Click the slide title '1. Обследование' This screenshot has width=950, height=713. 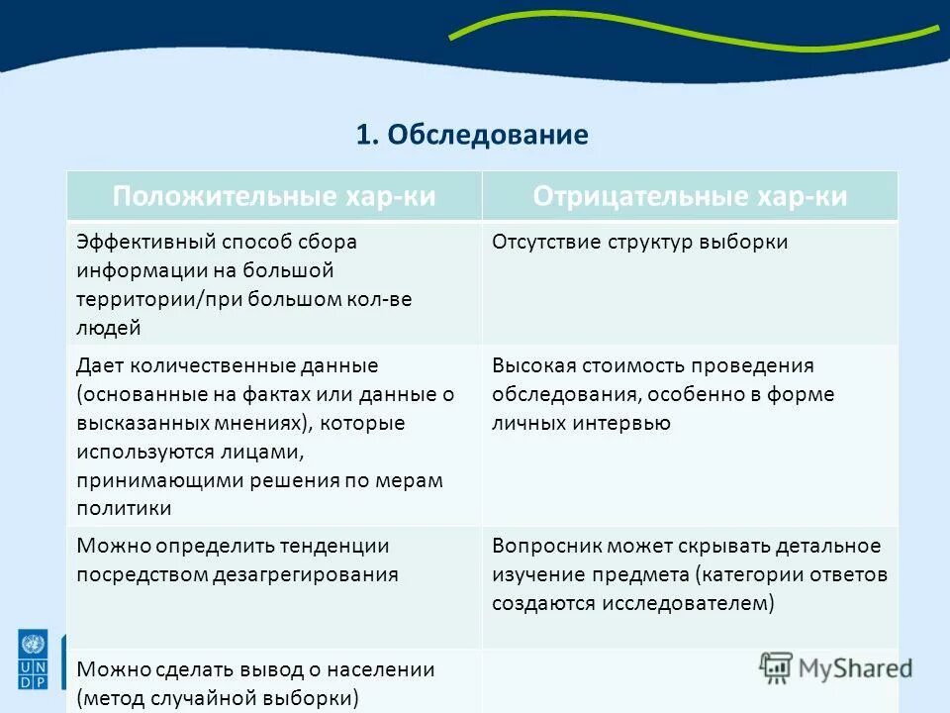click(472, 135)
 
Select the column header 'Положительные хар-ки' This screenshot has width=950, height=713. click(274, 196)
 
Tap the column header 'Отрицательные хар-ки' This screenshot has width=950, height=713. click(690, 196)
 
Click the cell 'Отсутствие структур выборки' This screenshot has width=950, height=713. click(639, 242)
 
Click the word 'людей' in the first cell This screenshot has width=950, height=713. click(108, 328)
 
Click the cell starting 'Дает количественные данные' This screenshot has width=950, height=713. click(265, 437)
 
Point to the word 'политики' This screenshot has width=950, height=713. click(124, 509)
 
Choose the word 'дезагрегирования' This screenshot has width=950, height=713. click(305, 574)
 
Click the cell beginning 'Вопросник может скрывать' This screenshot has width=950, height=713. click(689, 574)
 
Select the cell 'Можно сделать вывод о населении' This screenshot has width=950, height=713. click(255, 683)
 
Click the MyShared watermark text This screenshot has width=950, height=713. click(855, 667)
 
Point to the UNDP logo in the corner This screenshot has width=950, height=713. click(32, 660)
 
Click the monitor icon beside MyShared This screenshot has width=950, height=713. click(777, 666)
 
